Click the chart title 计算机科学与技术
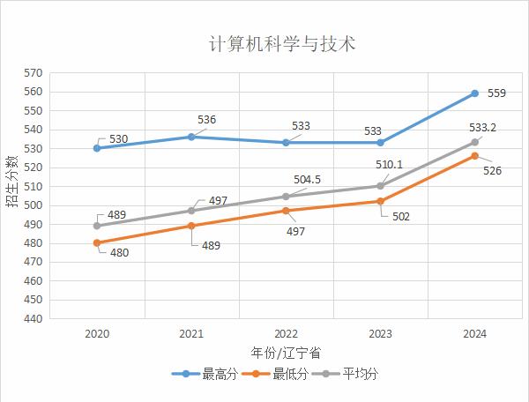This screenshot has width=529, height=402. point(282,44)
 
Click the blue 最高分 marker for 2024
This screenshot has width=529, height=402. point(474,93)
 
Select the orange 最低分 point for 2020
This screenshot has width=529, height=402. point(97,242)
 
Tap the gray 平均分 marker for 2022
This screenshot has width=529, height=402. point(286,197)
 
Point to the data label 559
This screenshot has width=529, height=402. point(496,93)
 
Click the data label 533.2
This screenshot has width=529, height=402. point(481,128)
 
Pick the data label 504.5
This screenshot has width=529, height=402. point(307,180)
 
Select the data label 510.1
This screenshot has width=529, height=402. point(388,165)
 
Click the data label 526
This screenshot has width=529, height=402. point(493,170)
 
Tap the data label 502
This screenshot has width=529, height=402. point(401,216)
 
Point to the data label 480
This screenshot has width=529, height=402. point(119,253)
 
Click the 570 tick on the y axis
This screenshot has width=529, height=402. point(34,73)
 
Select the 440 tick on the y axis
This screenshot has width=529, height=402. point(34,319)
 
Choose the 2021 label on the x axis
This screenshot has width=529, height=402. point(191,334)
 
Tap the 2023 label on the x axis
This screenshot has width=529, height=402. point(380,334)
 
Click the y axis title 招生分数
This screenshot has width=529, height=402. point(11,181)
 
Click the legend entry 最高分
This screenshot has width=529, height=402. point(210,374)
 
